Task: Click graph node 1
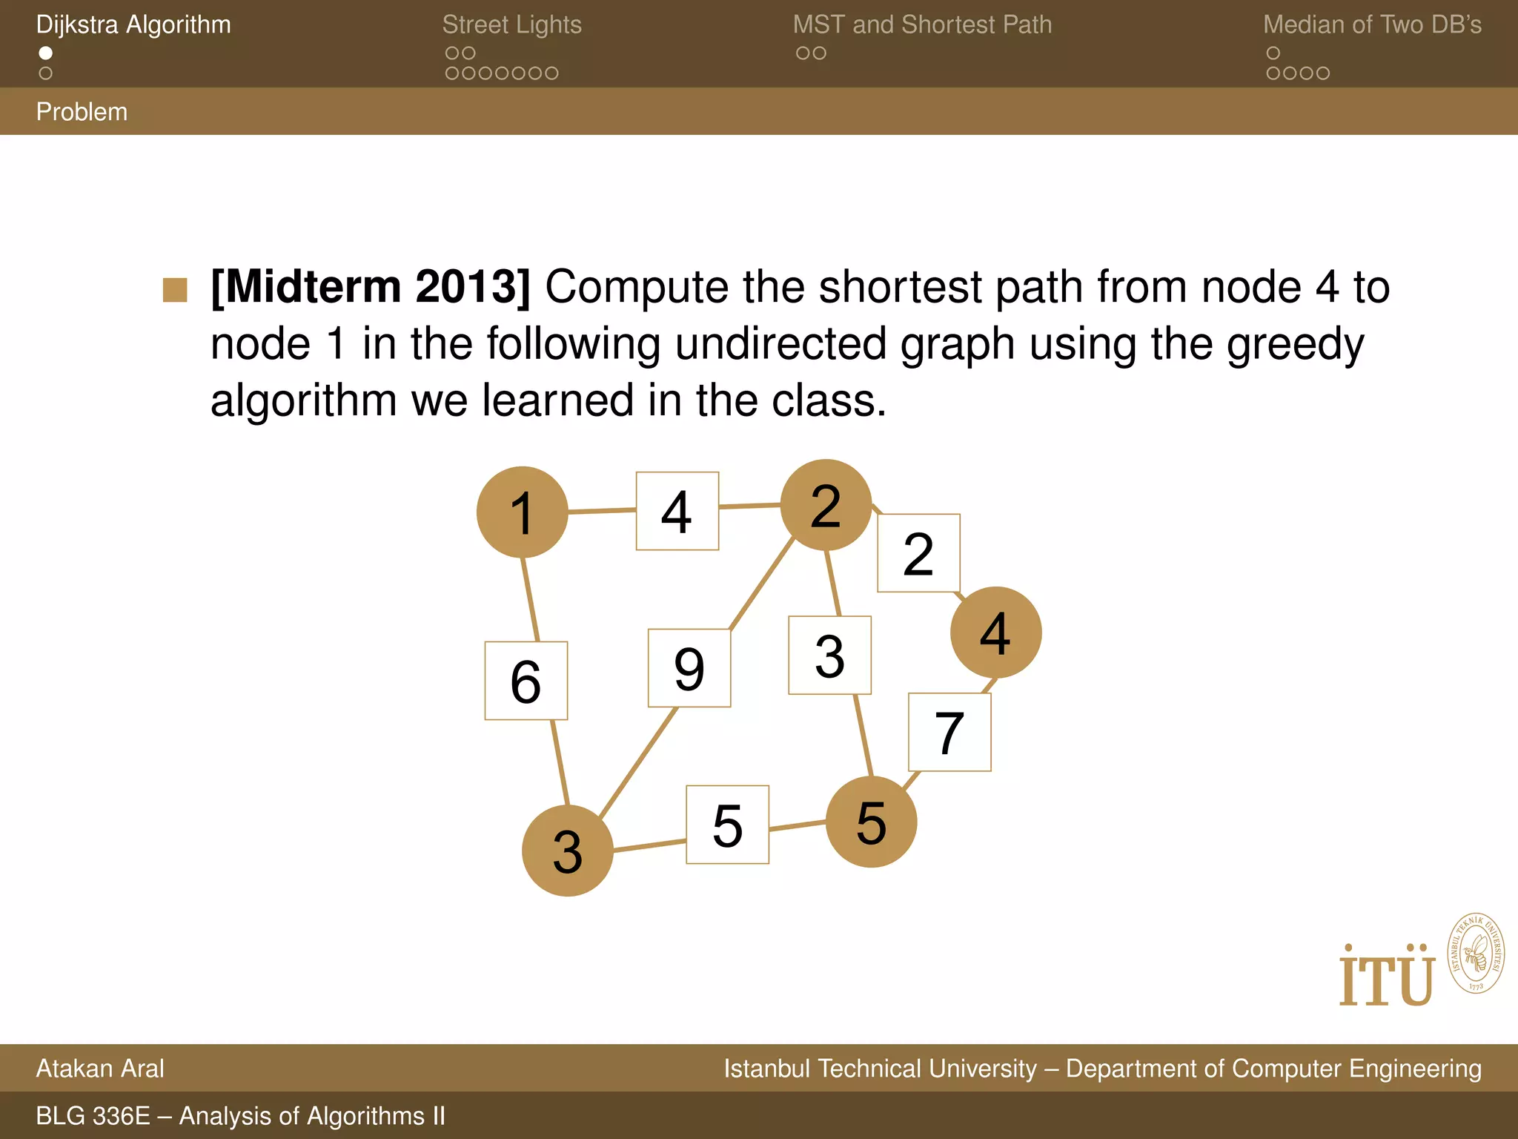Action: pyautogui.click(x=522, y=512)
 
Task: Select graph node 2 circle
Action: pyautogui.click(x=826, y=505)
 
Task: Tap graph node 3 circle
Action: pyautogui.click(x=567, y=851)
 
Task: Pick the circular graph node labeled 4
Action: pyautogui.click(x=995, y=633)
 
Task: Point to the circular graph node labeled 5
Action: pyautogui.click(x=871, y=822)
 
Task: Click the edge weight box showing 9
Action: pyautogui.click(x=689, y=668)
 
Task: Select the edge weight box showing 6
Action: pyautogui.click(x=526, y=681)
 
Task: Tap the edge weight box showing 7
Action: pyautogui.click(x=949, y=733)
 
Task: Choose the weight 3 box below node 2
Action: pyautogui.click(x=829, y=656)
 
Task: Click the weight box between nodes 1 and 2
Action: pyautogui.click(x=677, y=511)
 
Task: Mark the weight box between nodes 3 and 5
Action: pyautogui.click(x=727, y=825)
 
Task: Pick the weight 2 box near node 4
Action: pyautogui.click(x=918, y=553)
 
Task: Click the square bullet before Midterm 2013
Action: pyautogui.click(x=175, y=290)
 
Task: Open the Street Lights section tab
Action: pyautogui.click(x=511, y=24)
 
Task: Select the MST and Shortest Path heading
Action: pyautogui.click(x=922, y=24)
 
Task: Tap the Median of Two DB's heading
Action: pyautogui.click(x=1372, y=24)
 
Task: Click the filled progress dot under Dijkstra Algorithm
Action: pyautogui.click(x=46, y=53)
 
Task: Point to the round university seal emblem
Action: pyautogui.click(x=1475, y=953)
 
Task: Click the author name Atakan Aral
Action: pyautogui.click(x=100, y=1069)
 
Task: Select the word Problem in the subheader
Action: pyautogui.click(x=82, y=112)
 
